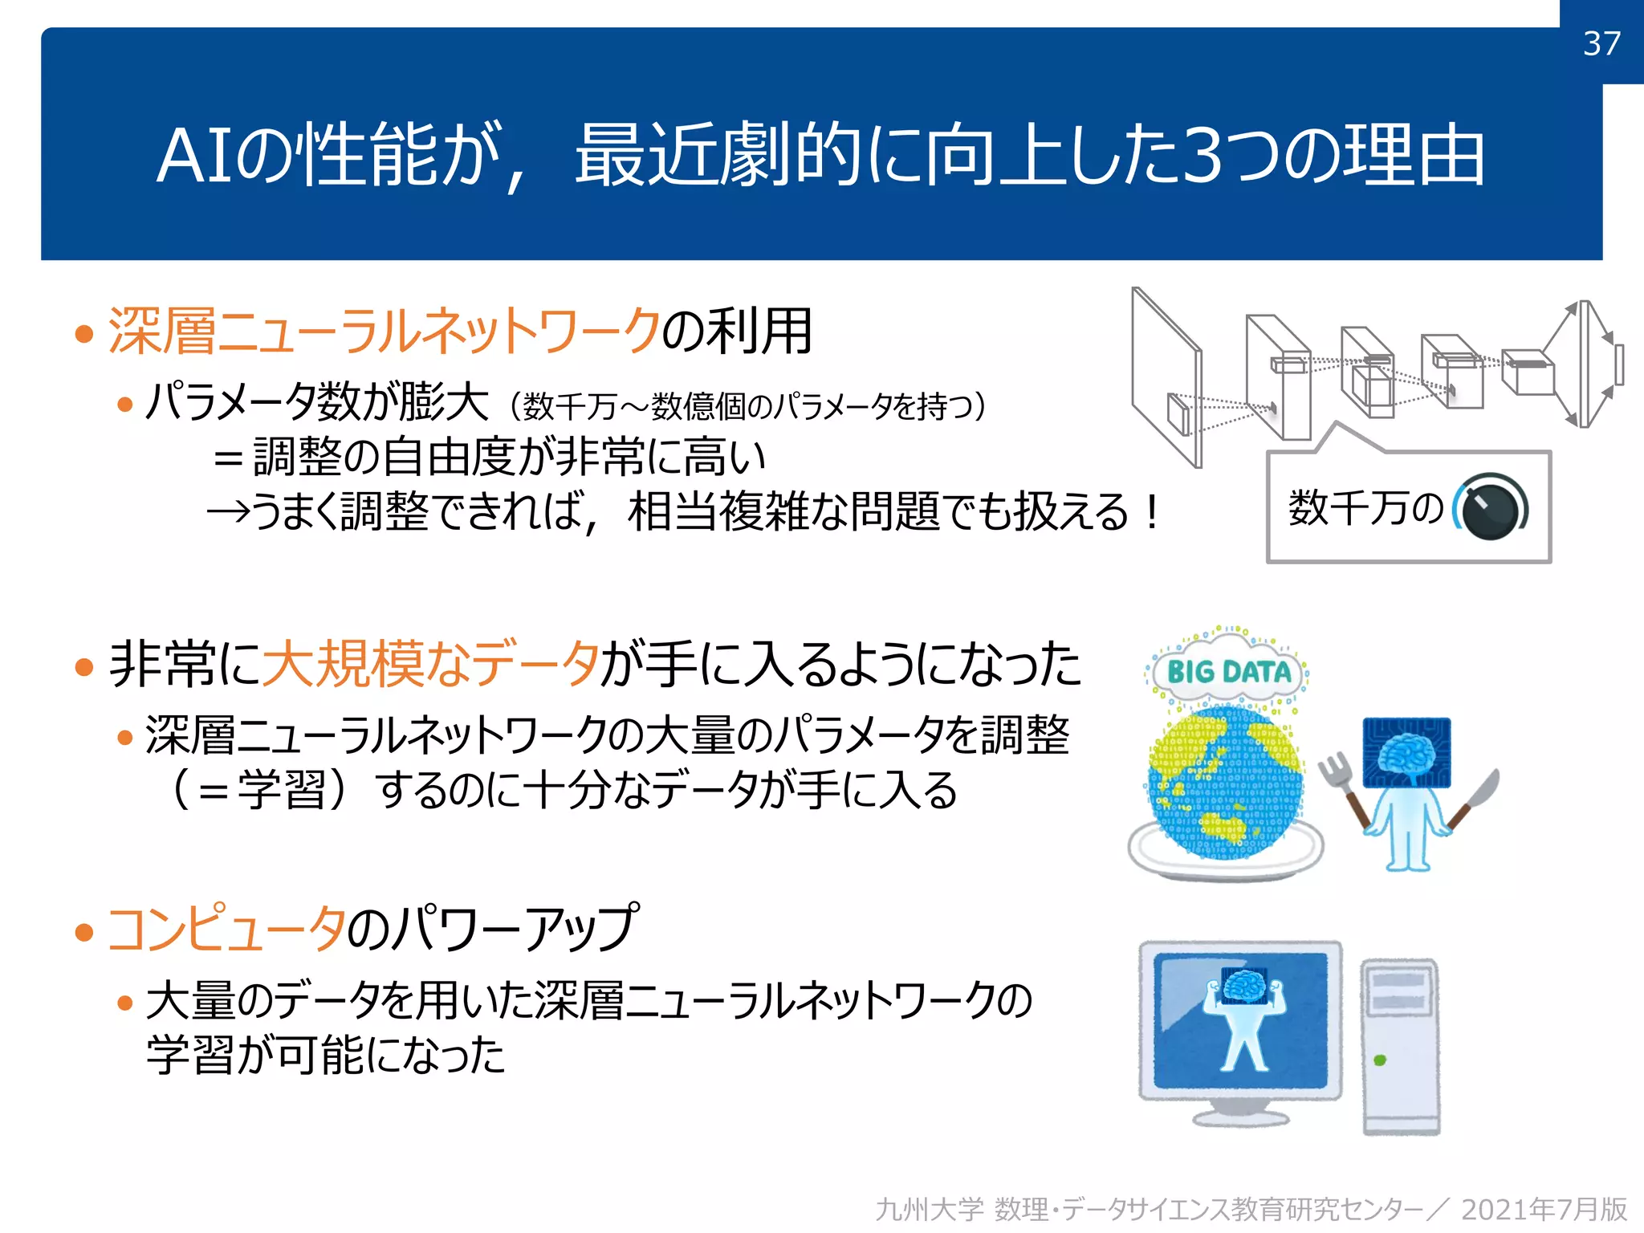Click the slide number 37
coord(1601,43)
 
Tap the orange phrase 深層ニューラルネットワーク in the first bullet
coord(384,331)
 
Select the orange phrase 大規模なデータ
coord(431,665)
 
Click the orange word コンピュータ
coord(226,930)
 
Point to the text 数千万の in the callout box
coord(1365,508)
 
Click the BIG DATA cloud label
coord(1228,672)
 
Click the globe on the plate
coord(1224,783)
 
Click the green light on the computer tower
coord(1380,1060)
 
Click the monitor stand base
coord(1240,1118)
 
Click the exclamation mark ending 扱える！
coord(1153,512)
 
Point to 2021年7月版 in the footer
coord(1544,1209)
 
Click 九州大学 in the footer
coord(929,1209)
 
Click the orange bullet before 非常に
coord(83,666)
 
